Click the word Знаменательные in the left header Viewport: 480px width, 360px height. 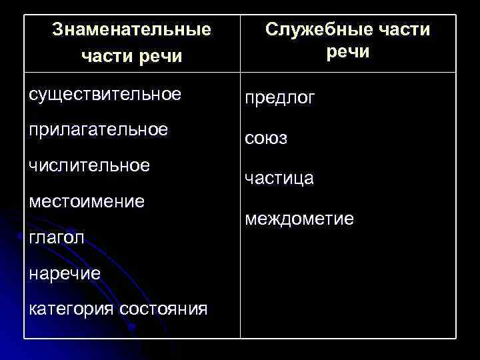pos(131,30)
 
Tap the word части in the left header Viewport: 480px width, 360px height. pos(103,57)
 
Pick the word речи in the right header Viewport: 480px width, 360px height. pos(347,52)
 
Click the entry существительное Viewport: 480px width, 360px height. pos(105,94)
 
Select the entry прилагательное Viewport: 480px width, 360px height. pos(98,129)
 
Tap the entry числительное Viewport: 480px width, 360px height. pos(89,165)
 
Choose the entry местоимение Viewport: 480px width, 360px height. pos(87,201)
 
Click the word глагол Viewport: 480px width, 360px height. pos(58,237)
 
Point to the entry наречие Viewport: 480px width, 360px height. pos(65,273)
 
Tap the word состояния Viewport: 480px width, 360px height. pos(163,309)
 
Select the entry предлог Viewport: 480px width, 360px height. pos(280,98)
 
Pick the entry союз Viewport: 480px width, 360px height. pos(266,139)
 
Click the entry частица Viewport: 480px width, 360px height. pos(279,179)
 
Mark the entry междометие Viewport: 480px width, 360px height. pos(299,219)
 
